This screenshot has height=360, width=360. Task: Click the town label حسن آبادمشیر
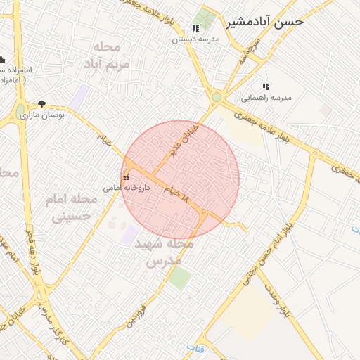click(265, 22)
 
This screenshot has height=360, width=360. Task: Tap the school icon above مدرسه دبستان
click(195, 29)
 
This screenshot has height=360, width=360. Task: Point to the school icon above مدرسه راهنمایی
click(266, 86)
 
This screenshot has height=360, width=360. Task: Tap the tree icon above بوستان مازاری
click(42, 104)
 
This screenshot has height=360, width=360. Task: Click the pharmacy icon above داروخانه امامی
click(127, 178)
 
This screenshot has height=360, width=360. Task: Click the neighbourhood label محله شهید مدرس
click(169, 252)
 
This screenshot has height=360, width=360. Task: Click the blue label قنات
click(193, 348)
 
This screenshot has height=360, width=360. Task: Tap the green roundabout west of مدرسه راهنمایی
click(217, 97)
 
